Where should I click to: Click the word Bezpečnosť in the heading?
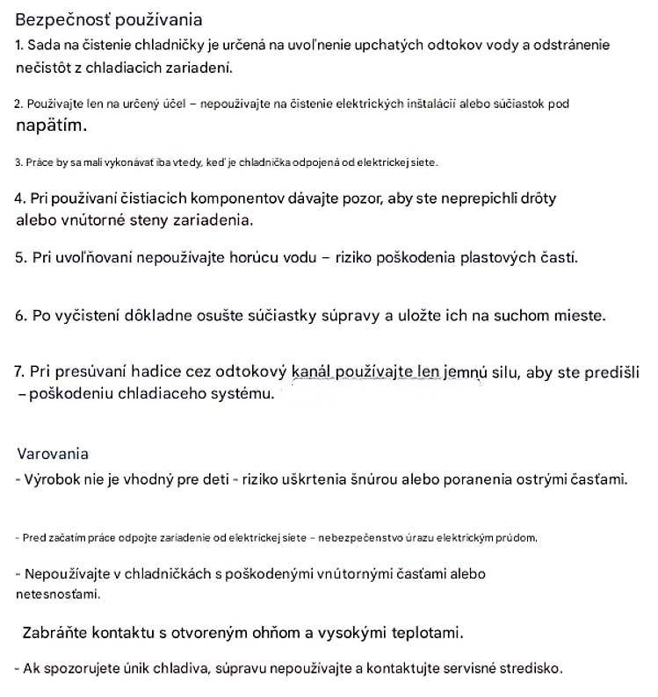click(x=56, y=20)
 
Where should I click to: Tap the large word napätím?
click(x=52, y=126)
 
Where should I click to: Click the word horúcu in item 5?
click(x=266, y=258)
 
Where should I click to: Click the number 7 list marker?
click(x=19, y=371)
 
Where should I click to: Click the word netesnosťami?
click(x=58, y=594)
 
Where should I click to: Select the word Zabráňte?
click(x=55, y=632)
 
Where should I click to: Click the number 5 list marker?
click(x=20, y=258)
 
